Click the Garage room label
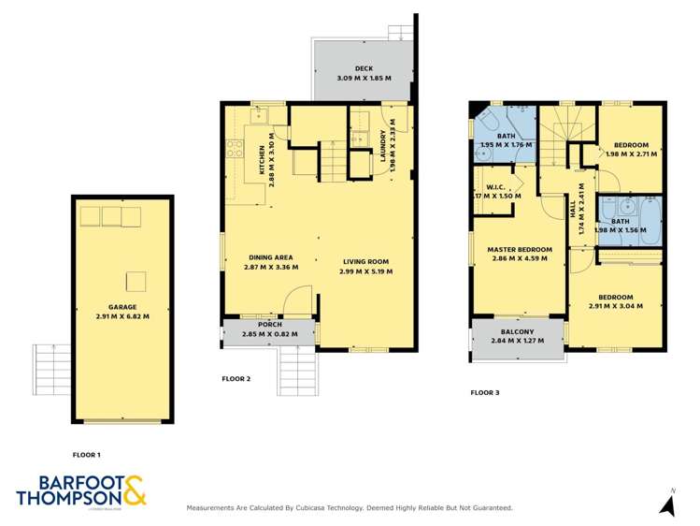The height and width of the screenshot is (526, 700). coord(121,307)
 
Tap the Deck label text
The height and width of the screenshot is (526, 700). coord(364,66)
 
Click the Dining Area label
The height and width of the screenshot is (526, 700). coord(271,257)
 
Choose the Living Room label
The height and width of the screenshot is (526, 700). coord(365,261)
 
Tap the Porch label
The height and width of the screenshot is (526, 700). coord(271,325)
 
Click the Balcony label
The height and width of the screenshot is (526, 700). coord(518,332)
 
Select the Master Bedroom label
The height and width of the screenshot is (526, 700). coord(520,250)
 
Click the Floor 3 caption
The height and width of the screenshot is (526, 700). coord(485,393)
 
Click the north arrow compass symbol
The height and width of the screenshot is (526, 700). coord(667,504)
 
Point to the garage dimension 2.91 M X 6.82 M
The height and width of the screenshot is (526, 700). coord(121,316)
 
